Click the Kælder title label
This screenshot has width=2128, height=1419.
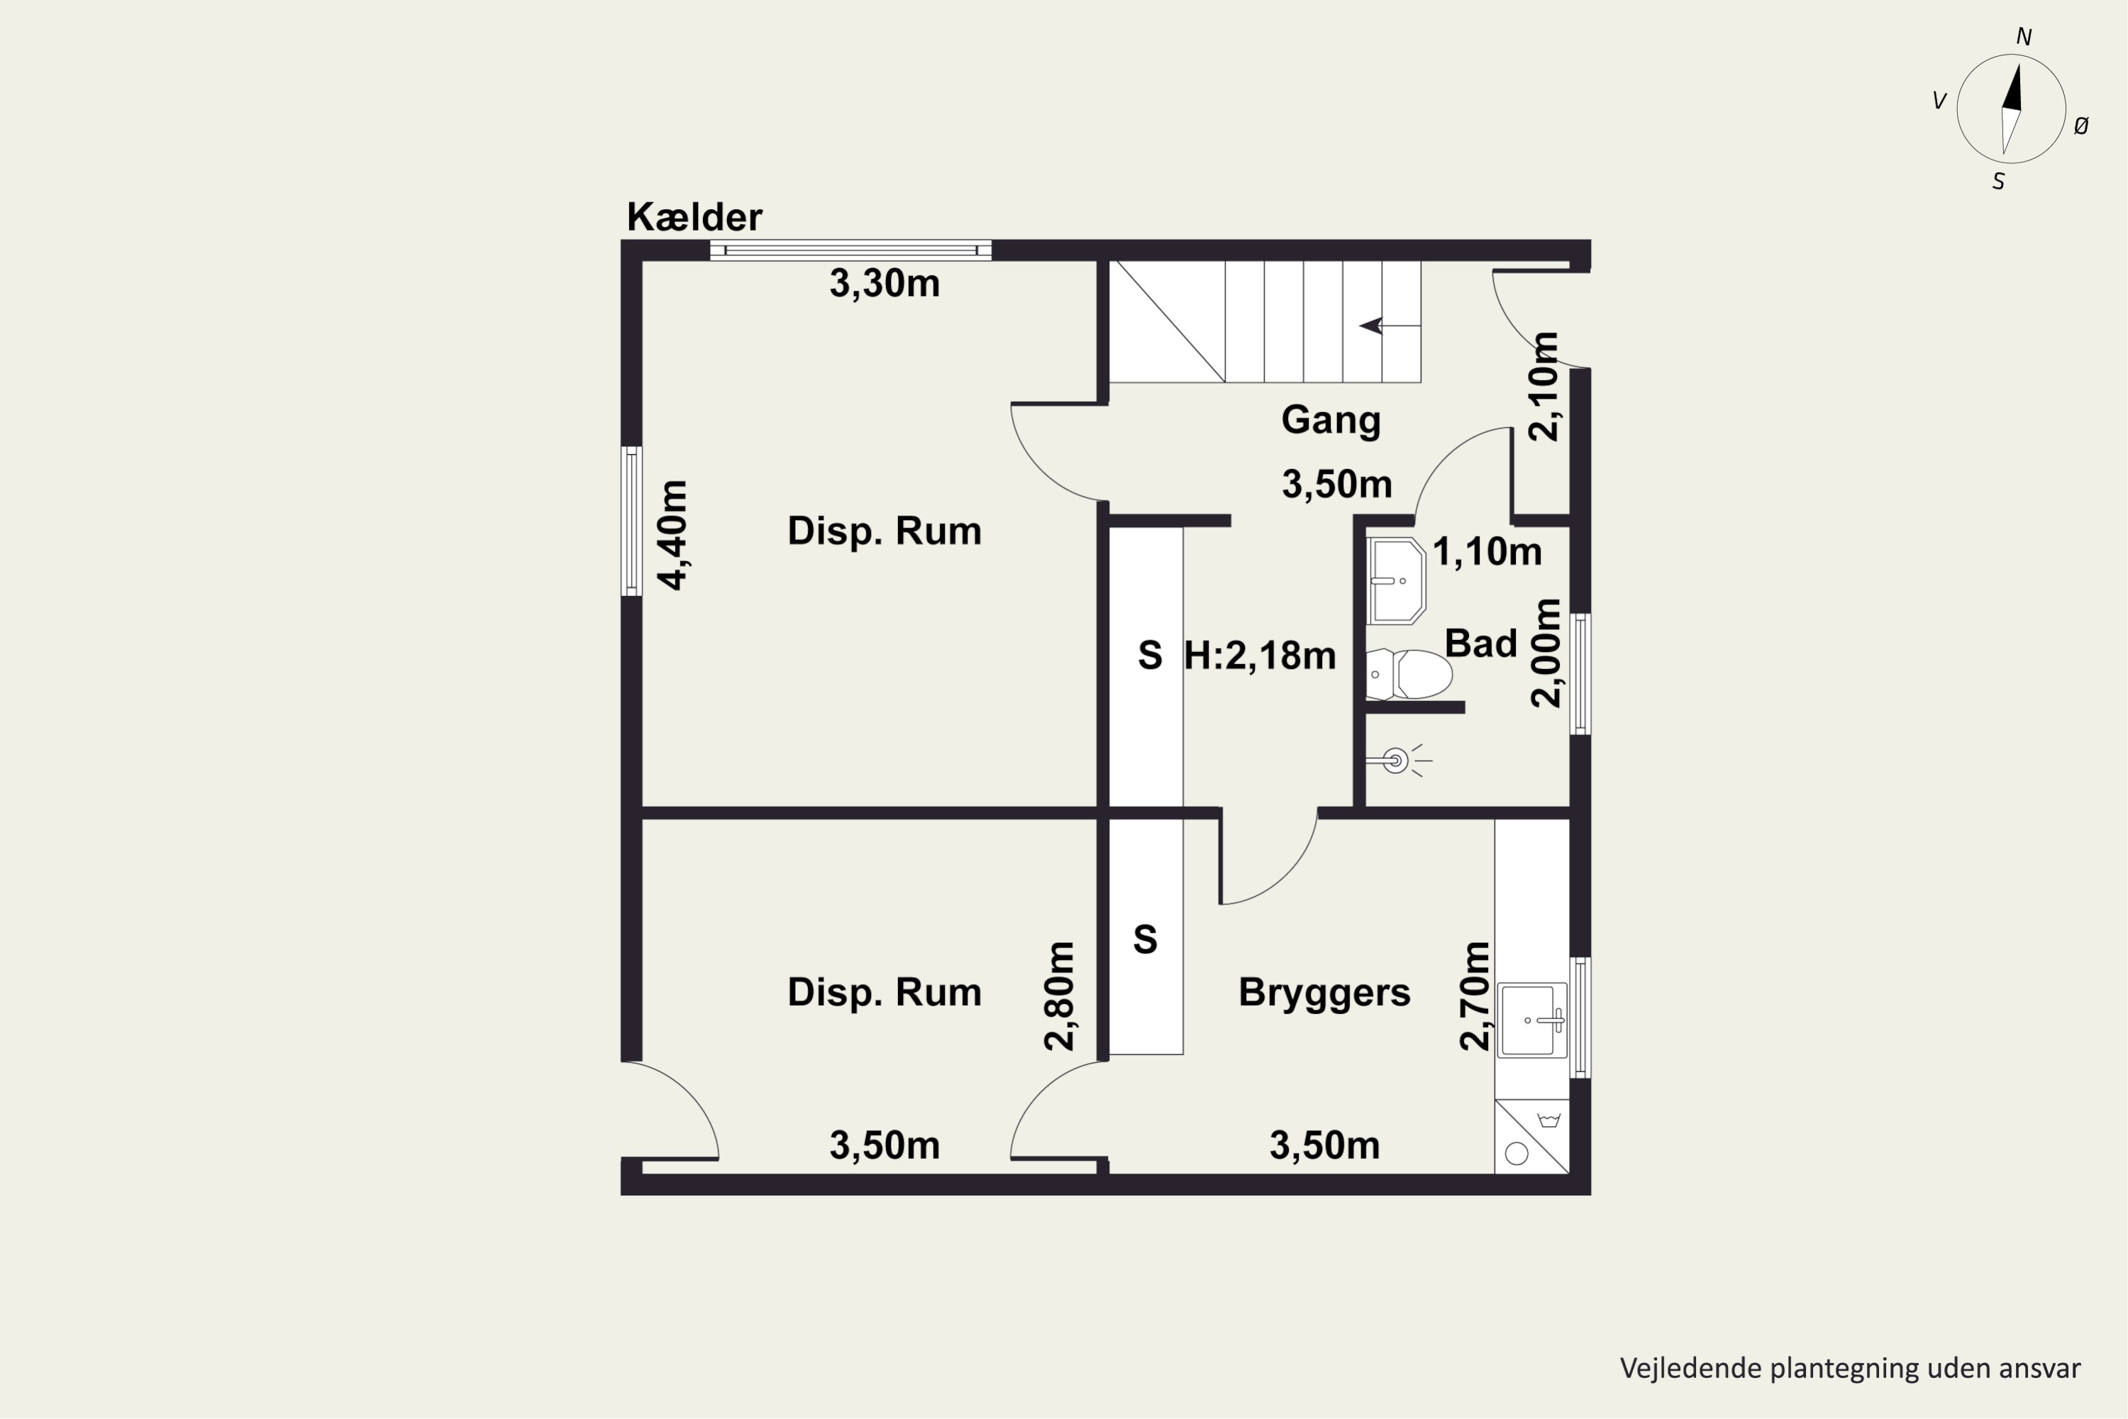click(694, 217)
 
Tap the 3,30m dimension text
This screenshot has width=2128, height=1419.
click(884, 283)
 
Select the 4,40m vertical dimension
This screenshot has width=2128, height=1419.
click(672, 535)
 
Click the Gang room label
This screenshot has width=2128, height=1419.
click(1331, 421)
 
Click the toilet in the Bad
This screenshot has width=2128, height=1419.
click(1409, 674)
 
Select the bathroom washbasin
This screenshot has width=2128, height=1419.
click(1396, 581)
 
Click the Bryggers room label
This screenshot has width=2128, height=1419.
click(1324, 993)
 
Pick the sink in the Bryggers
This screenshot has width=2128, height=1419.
click(1531, 1020)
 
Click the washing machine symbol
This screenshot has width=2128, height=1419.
click(1531, 1137)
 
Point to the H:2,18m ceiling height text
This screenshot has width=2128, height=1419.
click(1260, 655)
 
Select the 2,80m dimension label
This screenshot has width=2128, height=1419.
click(1058, 995)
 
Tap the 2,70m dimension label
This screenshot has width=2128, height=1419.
click(1474, 995)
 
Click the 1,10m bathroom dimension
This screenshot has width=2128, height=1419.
click(1487, 551)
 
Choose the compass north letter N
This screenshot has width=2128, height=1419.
click(2024, 36)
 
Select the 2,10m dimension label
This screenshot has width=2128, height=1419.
click(1544, 387)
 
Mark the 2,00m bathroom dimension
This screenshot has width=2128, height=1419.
click(1546, 653)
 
